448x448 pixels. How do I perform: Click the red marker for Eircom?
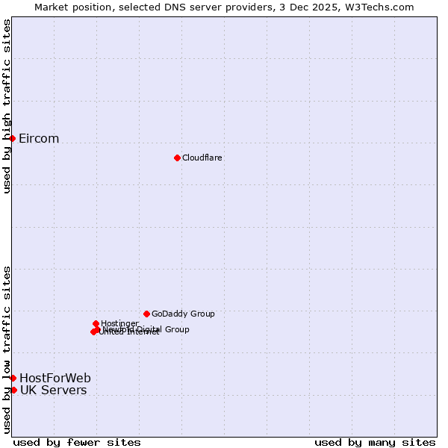pyautogui.click(x=12, y=138)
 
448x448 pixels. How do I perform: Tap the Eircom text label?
pyautogui.click(x=39, y=139)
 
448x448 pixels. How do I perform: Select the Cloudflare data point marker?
pyautogui.click(x=177, y=158)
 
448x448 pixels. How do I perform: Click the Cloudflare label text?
pyautogui.click(x=202, y=158)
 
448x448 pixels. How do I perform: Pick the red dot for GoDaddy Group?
pyautogui.click(x=146, y=314)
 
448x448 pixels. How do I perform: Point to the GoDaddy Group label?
pyautogui.click(x=183, y=314)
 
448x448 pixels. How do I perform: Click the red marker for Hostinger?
pyautogui.click(x=96, y=323)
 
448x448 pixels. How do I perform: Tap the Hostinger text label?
pyautogui.click(x=119, y=323)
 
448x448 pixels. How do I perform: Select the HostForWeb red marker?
pyautogui.click(x=13, y=378)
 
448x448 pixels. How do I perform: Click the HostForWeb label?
pyautogui.click(x=55, y=378)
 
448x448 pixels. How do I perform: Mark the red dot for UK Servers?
pyautogui.click(x=13, y=390)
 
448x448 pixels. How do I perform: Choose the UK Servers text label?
pyautogui.click(x=53, y=391)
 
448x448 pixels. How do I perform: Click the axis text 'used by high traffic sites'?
pyautogui.click(x=7, y=106)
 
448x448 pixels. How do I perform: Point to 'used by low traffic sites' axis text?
pyautogui.click(x=7, y=349)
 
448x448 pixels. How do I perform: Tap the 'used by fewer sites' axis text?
pyautogui.click(x=77, y=442)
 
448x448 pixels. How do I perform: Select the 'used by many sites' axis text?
pyautogui.click(x=375, y=442)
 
